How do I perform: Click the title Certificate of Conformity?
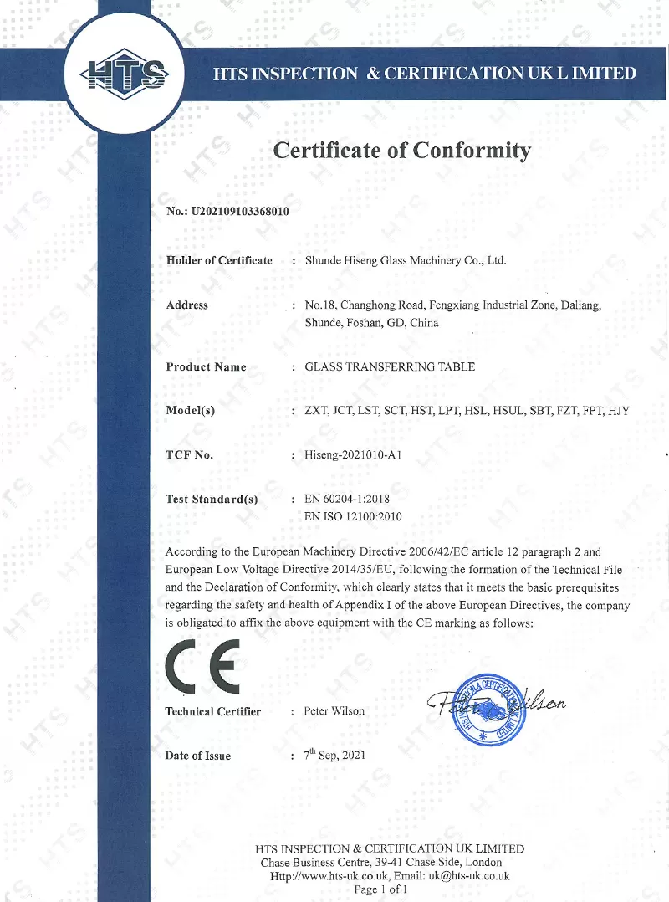tap(402, 151)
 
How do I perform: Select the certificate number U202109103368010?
tap(240, 212)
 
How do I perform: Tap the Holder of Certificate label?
tap(219, 260)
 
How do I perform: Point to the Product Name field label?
tap(206, 366)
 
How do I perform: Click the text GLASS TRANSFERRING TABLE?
tap(390, 366)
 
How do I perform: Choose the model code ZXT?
tap(316, 411)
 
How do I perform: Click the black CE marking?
tap(202, 664)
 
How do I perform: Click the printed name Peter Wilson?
tap(334, 711)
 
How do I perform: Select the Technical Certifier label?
tap(213, 712)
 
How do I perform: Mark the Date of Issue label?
tap(198, 756)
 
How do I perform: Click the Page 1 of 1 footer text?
tap(380, 889)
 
